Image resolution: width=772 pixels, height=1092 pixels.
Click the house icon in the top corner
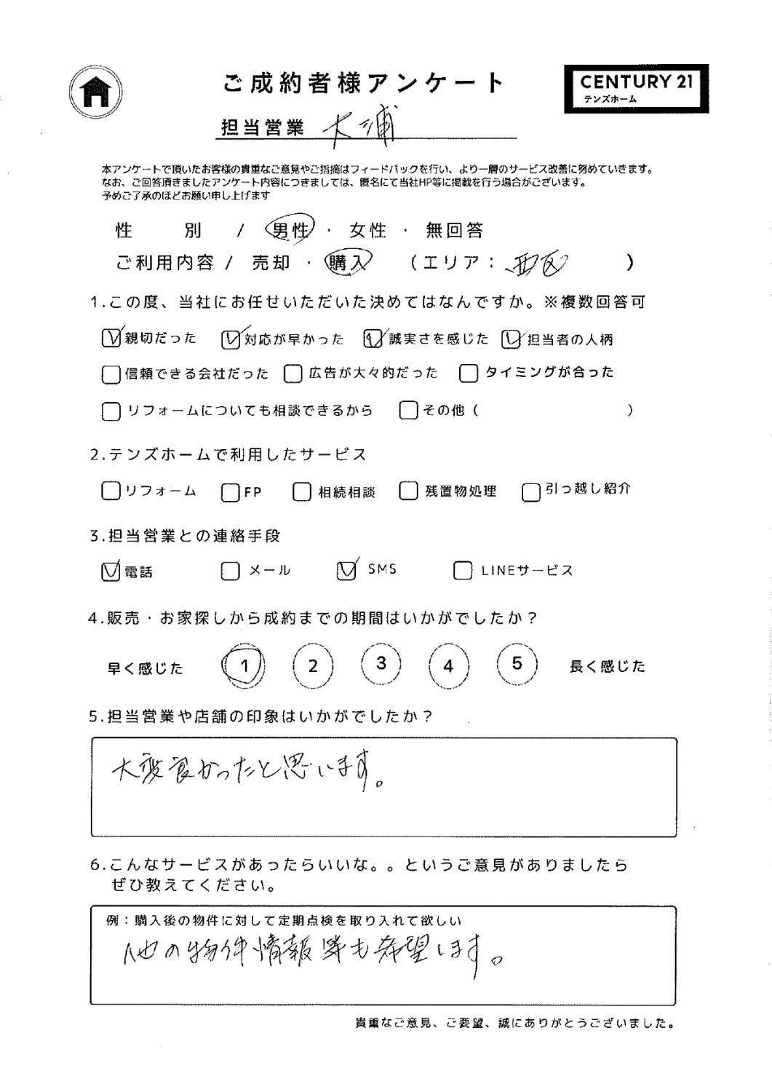pos(95,92)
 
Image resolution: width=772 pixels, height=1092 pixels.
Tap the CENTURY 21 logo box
pos(636,87)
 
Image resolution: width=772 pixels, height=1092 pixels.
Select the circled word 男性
pos(290,231)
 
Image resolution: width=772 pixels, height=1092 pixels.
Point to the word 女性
pos(367,231)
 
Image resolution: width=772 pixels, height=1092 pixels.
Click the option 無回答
pos(455,231)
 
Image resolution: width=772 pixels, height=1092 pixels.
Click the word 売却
pos(271,263)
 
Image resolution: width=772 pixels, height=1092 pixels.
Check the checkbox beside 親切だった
pos(111,339)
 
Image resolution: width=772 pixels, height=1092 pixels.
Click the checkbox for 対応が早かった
pos(230,339)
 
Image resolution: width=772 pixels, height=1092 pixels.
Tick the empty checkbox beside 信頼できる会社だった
pos(111,374)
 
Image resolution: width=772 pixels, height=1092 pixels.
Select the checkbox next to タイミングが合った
pos(469,373)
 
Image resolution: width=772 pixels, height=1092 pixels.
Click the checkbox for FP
pos(230,493)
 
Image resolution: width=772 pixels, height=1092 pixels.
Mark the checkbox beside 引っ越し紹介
pos(531,493)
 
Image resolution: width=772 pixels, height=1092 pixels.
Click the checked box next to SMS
pos(346,570)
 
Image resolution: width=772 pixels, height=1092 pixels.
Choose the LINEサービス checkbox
pos(462,571)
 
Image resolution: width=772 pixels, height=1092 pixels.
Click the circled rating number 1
pos(244,665)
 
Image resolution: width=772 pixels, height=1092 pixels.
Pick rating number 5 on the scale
pos(517,664)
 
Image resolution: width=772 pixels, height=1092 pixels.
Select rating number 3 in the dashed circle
pos(381,664)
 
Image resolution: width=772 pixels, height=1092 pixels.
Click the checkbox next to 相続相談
pos(301,492)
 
